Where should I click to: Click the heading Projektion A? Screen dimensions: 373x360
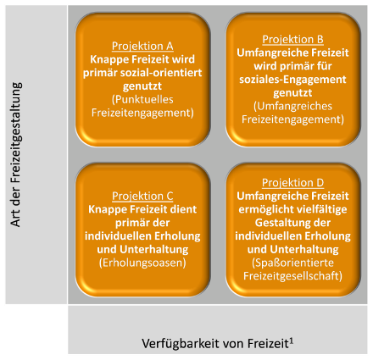click(142, 46)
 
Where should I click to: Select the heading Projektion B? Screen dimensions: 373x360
click(292, 39)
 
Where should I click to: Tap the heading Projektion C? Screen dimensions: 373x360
click(142, 196)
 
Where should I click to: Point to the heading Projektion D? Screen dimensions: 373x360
click(292, 183)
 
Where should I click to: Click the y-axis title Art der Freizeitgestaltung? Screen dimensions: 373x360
click(16, 154)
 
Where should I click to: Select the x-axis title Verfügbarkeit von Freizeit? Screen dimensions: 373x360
click(215, 344)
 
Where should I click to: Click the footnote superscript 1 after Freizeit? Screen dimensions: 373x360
click(292, 341)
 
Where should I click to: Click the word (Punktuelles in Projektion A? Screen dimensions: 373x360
click(142, 99)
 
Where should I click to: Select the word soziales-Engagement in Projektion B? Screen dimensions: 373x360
click(292, 80)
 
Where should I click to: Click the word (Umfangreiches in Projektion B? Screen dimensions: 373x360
click(292, 106)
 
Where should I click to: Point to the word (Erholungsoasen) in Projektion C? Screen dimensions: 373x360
click(142, 263)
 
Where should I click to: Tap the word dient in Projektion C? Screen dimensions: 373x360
click(184, 209)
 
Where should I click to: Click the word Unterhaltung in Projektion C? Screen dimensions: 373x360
click(154, 250)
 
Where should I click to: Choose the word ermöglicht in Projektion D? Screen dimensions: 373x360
click(265, 210)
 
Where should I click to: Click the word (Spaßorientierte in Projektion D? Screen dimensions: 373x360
click(292, 263)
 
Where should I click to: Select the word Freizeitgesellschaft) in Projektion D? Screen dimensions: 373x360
click(292, 276)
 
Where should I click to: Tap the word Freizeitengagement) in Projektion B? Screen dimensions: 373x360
click(292, 119)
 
